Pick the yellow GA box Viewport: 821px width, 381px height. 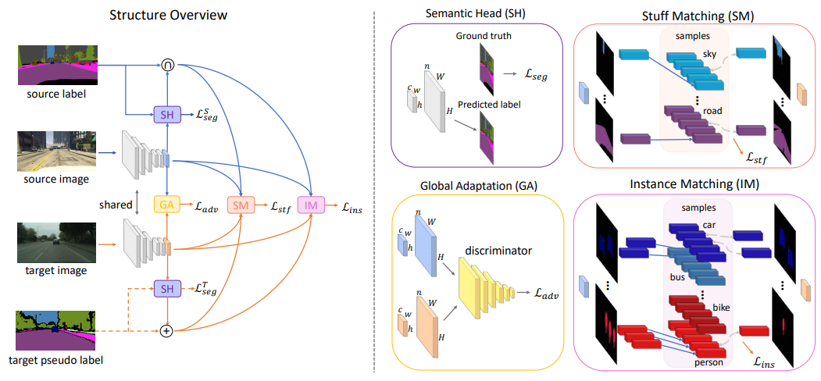click(166, 204)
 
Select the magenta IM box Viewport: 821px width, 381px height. click(312, 205)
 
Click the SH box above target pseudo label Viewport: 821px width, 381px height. click(166, 289)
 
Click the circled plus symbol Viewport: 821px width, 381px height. click(166, 331)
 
